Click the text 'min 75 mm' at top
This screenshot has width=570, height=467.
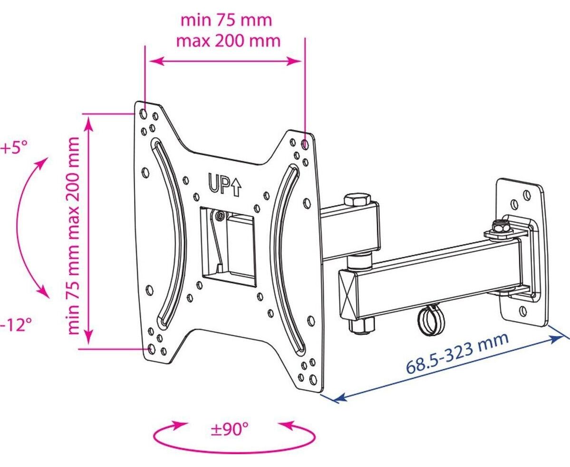click(226, 20)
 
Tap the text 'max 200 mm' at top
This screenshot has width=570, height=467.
click(228, 41)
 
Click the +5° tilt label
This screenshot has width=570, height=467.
click(14, 148)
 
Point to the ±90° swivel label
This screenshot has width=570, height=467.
click(230, 429)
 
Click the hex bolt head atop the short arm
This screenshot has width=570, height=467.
click(357, 200)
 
